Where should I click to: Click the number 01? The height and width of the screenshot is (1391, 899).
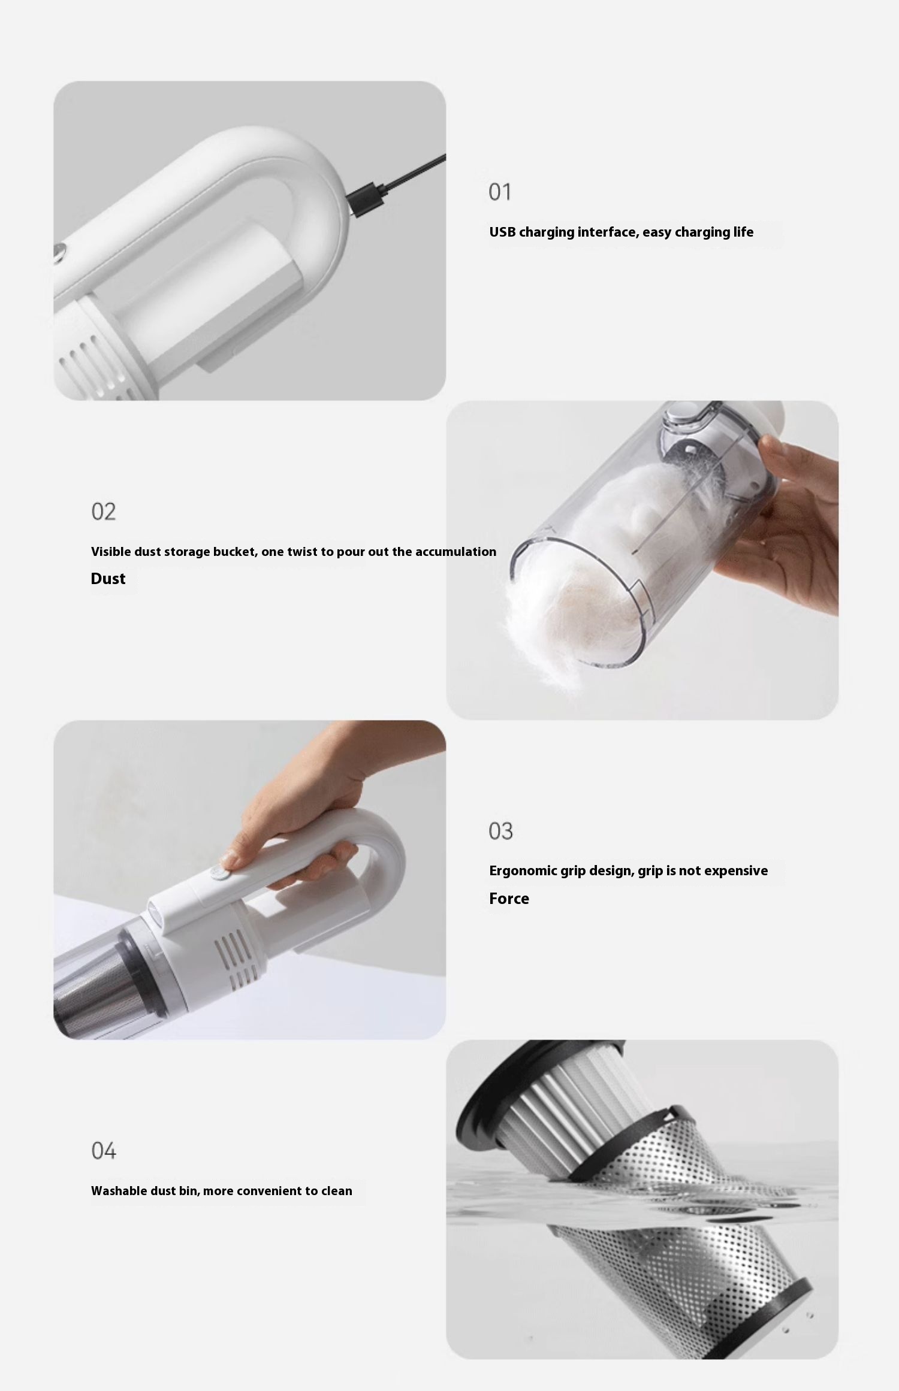(x=500, y=192)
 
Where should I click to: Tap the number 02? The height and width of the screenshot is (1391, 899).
(x=103, y=512)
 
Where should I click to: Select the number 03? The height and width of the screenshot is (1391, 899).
(x=500, y=831)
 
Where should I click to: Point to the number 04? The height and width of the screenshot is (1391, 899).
(x=103, y=1150)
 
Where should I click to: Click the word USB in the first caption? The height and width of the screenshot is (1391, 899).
(x=502, y=232)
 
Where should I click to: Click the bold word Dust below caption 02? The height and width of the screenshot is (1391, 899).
(x=108, y=579)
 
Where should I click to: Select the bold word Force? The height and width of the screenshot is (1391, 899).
(x=509, y=899)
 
